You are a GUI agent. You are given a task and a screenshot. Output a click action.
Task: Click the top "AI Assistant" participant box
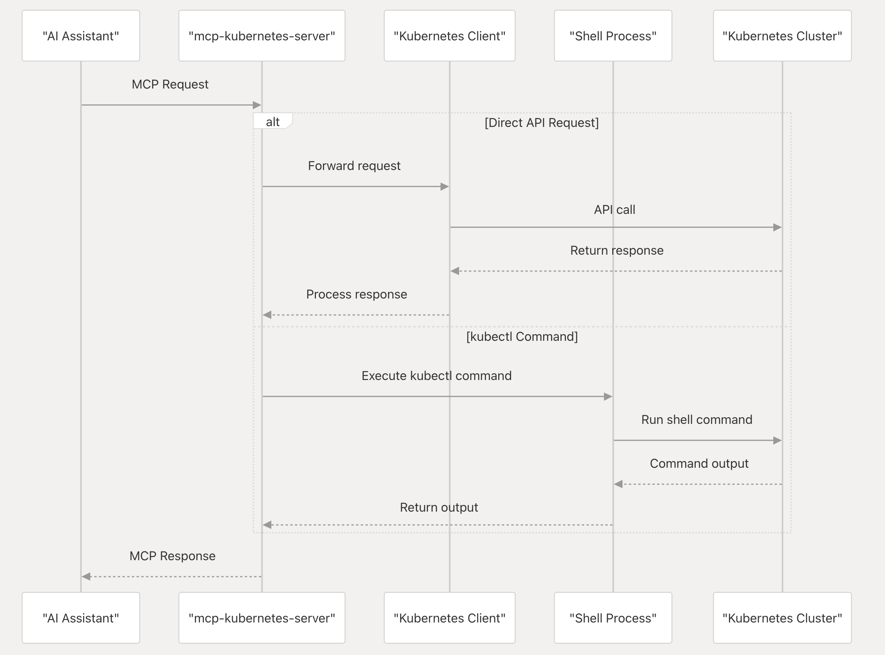80,36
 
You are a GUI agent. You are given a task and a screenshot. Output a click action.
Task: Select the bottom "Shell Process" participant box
613,618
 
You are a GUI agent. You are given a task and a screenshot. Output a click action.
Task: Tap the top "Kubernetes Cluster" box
782,36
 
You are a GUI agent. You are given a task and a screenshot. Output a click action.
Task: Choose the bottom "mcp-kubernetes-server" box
261,618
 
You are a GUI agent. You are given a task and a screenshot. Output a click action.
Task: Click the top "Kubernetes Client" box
449,36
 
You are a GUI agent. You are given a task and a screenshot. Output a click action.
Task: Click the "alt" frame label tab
272,121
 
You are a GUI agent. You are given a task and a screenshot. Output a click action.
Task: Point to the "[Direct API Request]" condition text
542,123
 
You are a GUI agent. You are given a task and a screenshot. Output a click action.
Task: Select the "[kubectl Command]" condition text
522,336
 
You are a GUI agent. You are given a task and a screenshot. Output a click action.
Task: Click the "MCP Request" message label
170,84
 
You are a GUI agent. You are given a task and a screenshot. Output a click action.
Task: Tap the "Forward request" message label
354,165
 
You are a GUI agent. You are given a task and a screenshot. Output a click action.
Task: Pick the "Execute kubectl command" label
436,375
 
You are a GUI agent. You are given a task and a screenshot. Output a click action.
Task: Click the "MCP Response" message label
172,555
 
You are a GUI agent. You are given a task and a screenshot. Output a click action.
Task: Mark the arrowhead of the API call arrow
777,227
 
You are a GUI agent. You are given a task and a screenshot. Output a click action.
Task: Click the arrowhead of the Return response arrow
455,271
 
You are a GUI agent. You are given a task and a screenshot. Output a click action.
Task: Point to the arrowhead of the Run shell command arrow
777,440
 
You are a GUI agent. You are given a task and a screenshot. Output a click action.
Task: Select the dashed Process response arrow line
357,315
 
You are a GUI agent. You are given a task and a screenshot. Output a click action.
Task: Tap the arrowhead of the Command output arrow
618,484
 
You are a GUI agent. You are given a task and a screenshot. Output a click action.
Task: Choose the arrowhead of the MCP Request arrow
257,105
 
